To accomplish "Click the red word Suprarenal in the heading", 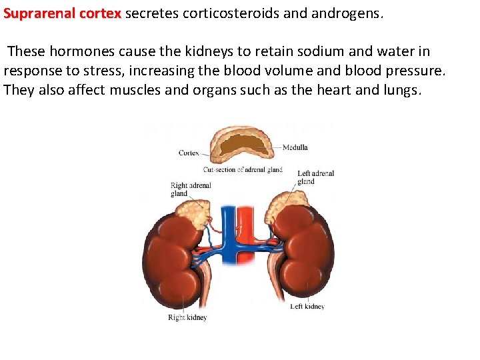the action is coord(34,13).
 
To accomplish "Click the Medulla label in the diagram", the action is coord(295,147).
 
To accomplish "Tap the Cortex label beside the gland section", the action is coord(189,153).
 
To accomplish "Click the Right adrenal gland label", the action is coord(190,189).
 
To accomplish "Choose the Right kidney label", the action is coord(187,318).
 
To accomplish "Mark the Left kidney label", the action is coord(307,307).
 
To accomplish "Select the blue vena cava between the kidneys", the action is coord(229,227).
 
